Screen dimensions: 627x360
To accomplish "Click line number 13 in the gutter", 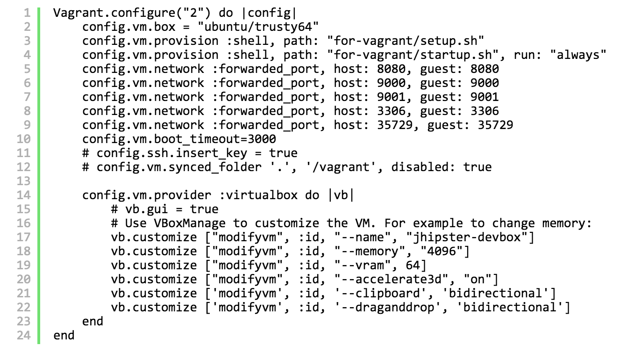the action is click(23, 181).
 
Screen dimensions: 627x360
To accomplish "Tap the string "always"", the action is click(578, 55).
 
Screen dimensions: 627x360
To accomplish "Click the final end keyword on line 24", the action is click(64, 335).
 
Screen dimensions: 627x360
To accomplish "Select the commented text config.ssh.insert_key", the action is click(171, 153).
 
